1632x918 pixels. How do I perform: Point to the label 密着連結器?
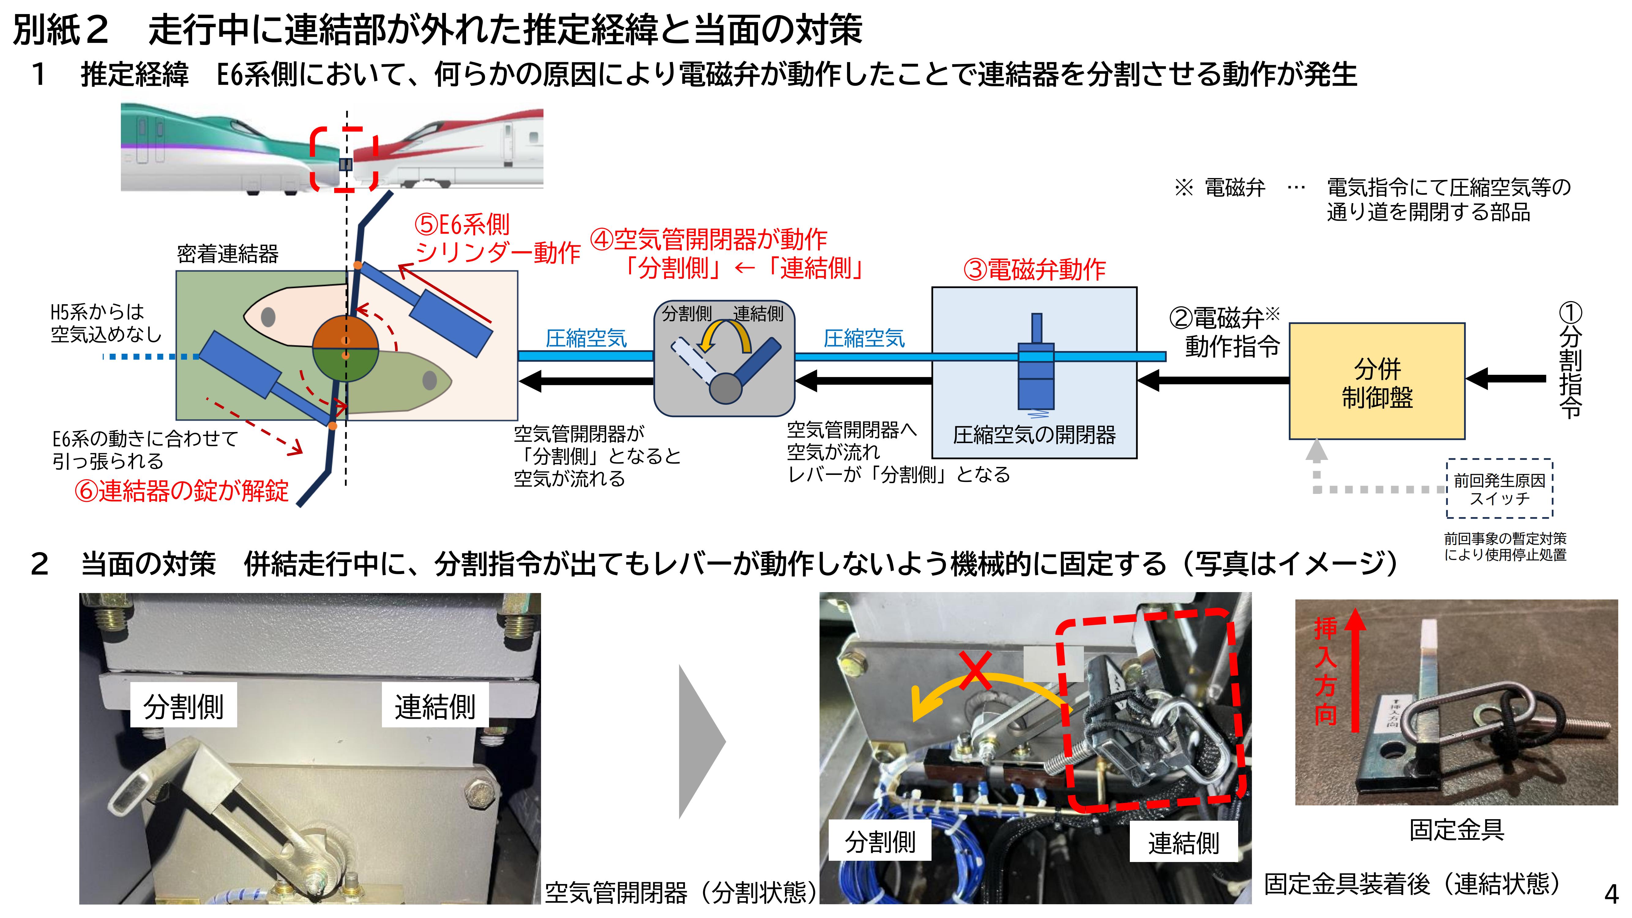point(227,254)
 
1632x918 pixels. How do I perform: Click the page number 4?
point(1611,894)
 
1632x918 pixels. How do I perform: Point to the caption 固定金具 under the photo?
point(1456,829)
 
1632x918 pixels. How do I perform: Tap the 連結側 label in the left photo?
point(435,706)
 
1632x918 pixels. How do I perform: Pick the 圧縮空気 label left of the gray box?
point(586,338)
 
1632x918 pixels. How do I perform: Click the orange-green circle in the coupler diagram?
point(345,349)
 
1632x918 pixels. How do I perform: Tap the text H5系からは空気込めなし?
point(106,323)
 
